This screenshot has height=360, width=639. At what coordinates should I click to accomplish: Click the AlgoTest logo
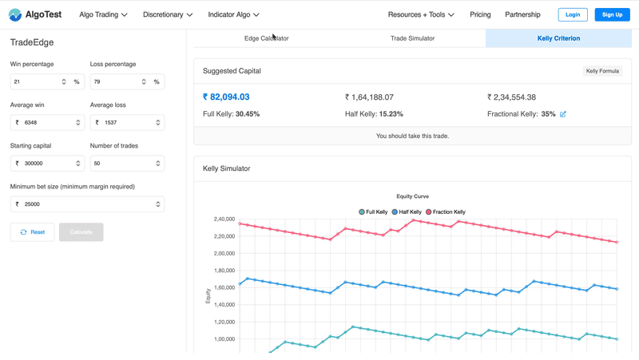point(36,14)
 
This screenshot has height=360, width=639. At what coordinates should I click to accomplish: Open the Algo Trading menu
point(103,14)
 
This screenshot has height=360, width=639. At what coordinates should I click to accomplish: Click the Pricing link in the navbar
point(480,14)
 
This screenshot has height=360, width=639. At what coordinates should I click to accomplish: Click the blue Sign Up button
point(612,14)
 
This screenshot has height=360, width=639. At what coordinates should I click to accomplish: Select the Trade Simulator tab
point(411,38)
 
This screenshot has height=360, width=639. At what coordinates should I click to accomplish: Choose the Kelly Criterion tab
point(558,38)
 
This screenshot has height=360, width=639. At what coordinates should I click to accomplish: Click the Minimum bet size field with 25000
point(84,204)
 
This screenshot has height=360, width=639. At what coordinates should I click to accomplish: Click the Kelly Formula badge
point(603,71)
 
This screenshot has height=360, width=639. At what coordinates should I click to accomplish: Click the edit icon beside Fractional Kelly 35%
point(563,114)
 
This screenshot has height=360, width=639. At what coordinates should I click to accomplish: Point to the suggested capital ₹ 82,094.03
point(232,97)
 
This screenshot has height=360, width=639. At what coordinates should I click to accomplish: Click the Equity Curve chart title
point(412,196)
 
